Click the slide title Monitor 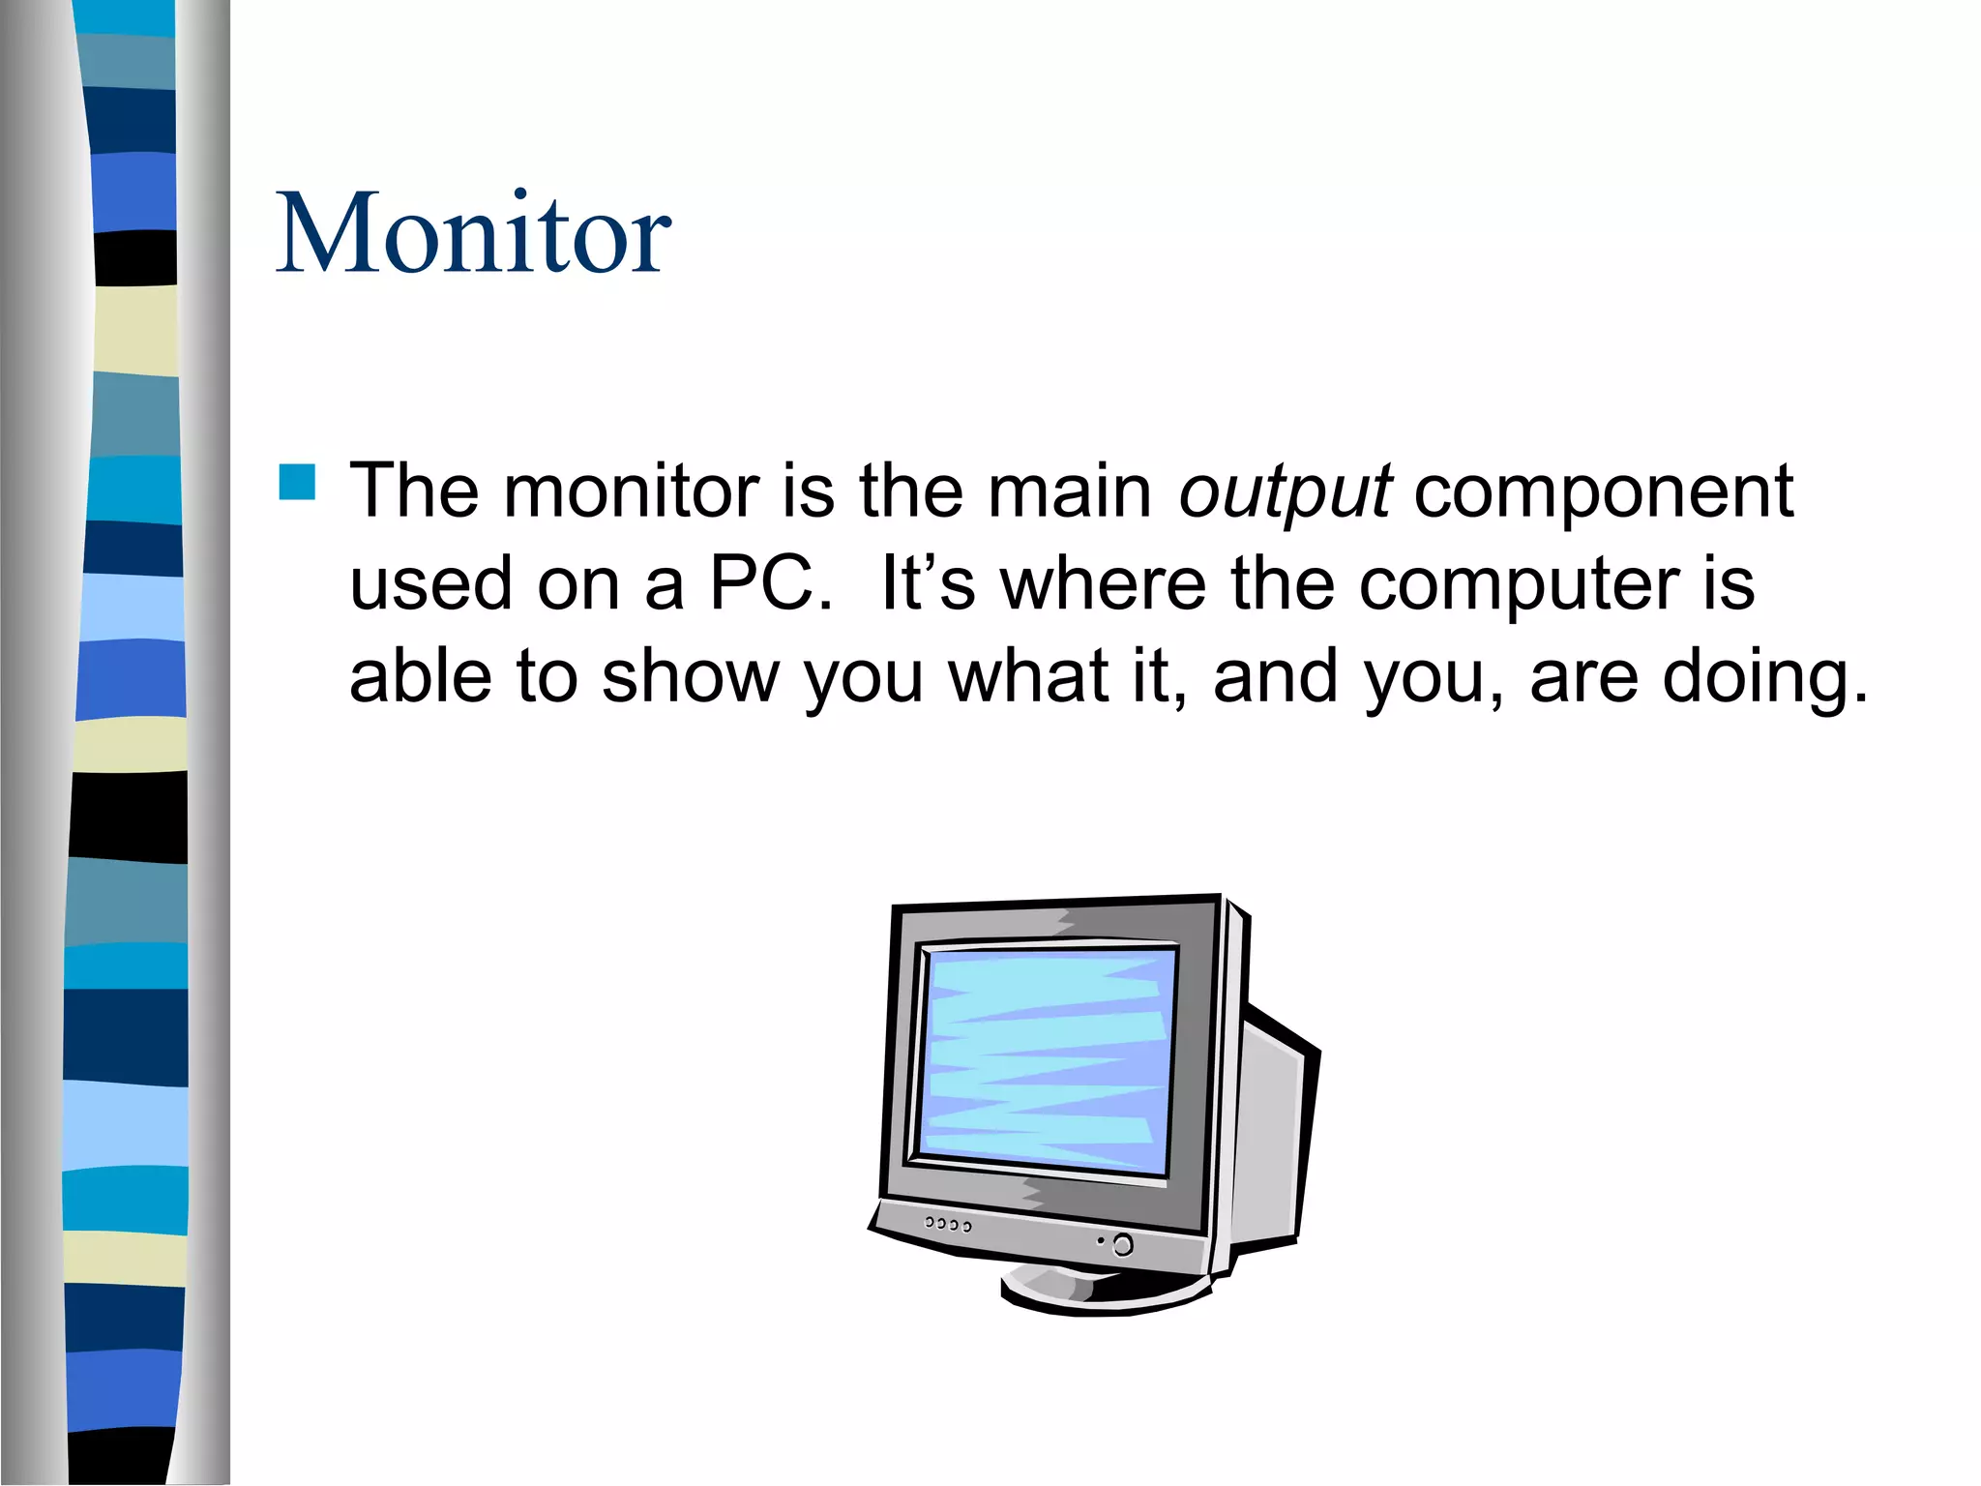coord(473,234)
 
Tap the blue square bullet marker coord(297,482)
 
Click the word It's coord(928,584)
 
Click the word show coord(691,677)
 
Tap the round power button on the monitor coord(1123,1244)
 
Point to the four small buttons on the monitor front coord(947,1224)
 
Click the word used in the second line coord(429,584)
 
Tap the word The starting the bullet coord(413,491)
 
